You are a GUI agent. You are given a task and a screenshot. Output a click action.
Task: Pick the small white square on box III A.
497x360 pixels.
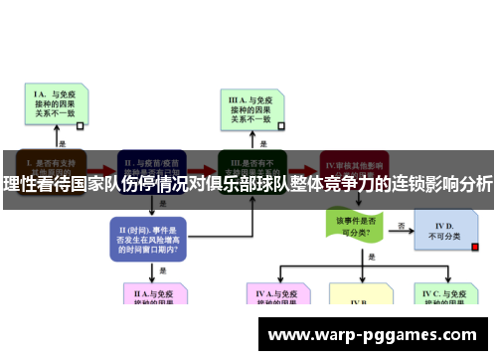click(x=280, y=125)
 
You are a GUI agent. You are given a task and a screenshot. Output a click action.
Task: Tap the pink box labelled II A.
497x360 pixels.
click(x=151, y=296)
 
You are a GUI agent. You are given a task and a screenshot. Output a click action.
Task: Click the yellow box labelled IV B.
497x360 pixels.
click(x=360, y=300)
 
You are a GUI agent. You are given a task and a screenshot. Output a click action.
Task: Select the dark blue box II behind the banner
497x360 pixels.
click(x=151, y=163)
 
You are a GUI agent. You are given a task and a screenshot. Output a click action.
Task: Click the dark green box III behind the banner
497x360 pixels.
click(x=252, y=163)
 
